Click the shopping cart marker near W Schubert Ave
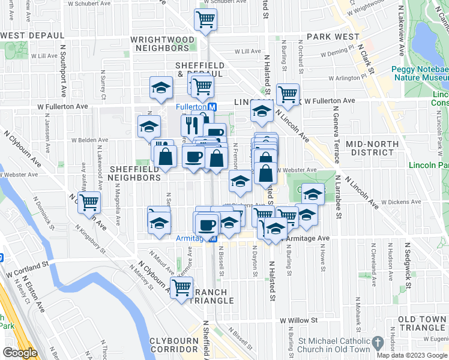click(x=205, y=20)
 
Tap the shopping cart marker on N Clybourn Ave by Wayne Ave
click(x=89, y=203)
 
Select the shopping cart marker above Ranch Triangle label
click(x=181, y=287)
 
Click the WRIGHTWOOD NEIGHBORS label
click(x=163, y=43)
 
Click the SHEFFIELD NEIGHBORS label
click(x=135, y=173)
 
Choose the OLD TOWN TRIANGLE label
click(x=422, y=323)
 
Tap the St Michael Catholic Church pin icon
click(x=378, y=343)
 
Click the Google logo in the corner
click(x=20, y=353)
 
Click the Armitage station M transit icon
click(x=212, y=238)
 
